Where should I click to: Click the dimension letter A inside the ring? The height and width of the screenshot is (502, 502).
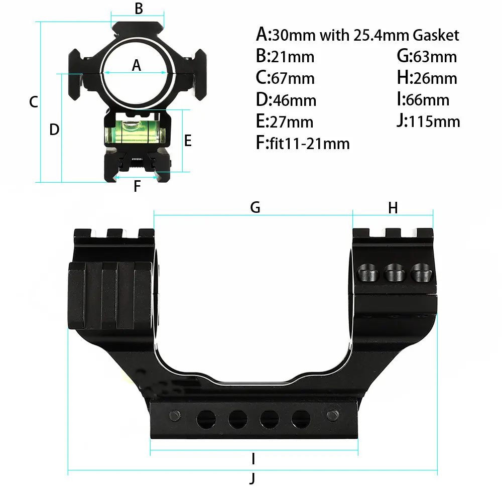point(136,65)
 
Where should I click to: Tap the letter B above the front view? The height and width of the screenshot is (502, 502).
point(139,9)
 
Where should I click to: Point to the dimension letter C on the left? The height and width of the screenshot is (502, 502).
point(33,102)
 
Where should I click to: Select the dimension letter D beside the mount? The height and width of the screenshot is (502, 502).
point(54,130)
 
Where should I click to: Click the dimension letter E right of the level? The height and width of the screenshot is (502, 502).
point(188,141)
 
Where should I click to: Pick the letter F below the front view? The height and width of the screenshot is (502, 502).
point(137,187)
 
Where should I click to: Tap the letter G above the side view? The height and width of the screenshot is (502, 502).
point(255,207)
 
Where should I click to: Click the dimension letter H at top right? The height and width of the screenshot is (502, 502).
point(393,207)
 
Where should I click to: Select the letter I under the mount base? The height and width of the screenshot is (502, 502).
point(254,458)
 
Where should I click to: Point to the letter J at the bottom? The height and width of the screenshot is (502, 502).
point(253,478)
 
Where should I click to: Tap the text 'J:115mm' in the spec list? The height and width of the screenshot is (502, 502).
point(428,121)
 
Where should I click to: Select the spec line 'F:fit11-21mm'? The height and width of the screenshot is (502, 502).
point(302,144)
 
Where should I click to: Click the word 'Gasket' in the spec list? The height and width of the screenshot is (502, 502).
point(435,35)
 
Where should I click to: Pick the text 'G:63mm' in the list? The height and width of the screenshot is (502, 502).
point(427,56)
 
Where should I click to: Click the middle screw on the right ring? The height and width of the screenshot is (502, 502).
point(394,274)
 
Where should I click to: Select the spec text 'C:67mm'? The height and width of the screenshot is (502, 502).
point(285,78)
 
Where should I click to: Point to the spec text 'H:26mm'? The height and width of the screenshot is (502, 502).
point(427,78)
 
